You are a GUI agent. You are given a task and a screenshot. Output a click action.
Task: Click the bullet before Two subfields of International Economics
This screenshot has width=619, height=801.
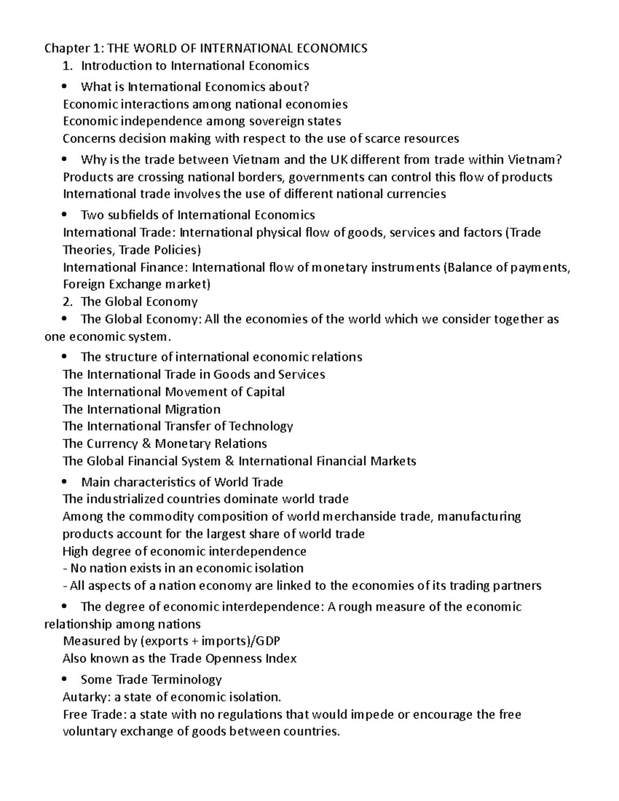(64, 215)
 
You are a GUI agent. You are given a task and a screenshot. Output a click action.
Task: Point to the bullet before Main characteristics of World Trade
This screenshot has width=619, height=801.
(64, 482)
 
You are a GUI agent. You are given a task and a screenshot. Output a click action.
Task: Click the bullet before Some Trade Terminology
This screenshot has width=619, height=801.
(64, 680)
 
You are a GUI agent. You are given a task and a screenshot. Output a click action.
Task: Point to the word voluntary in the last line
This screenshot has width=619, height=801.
(90, 732)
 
